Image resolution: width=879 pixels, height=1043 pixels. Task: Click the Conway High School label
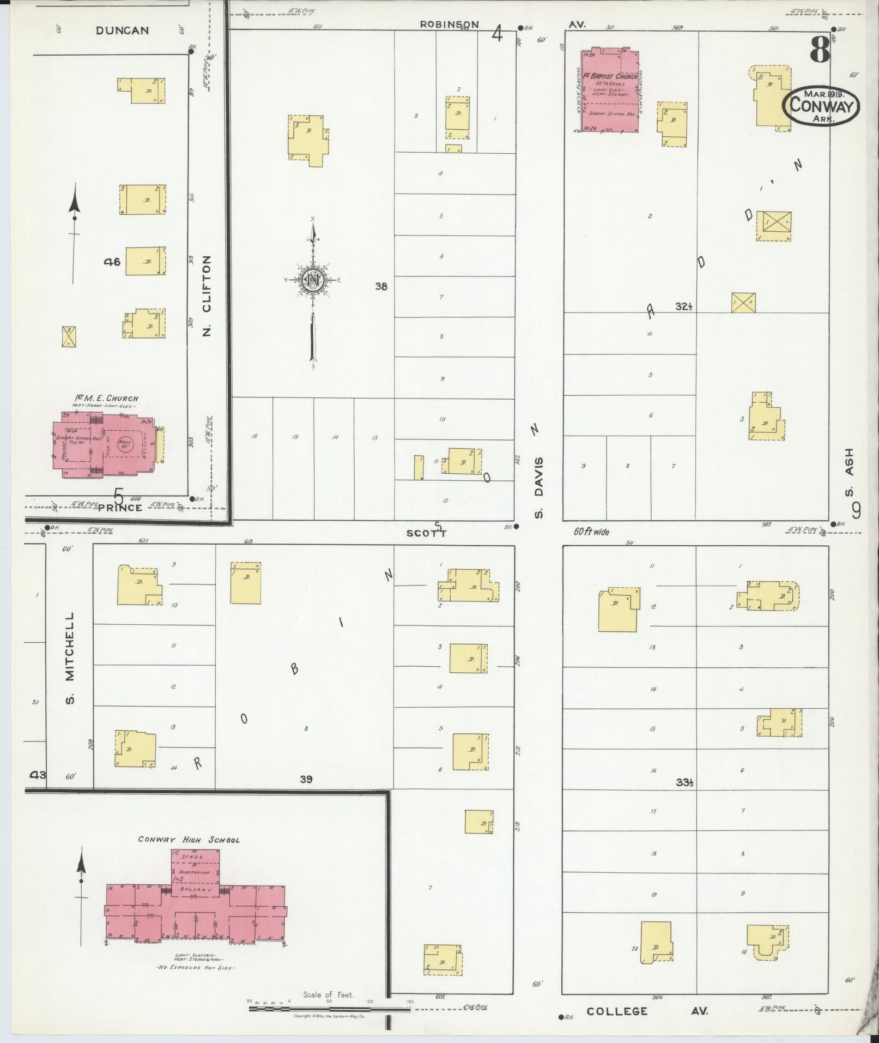[x=189, y=840]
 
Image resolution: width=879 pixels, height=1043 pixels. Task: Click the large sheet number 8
[x=819, y=52]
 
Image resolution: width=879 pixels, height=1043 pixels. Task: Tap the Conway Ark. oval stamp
[x=821, y=105]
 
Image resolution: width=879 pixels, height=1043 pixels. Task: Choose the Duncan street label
[x=122, y=31]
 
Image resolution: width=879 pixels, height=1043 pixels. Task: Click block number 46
[x=112, y=261]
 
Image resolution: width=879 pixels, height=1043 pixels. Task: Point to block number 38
[x=381, y=286]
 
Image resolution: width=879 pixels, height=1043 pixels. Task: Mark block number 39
[x=306, y=779]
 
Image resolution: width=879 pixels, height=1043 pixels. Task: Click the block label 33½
[x=684, y=782]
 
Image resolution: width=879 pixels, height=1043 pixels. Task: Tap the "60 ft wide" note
[x=591, y=531]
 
